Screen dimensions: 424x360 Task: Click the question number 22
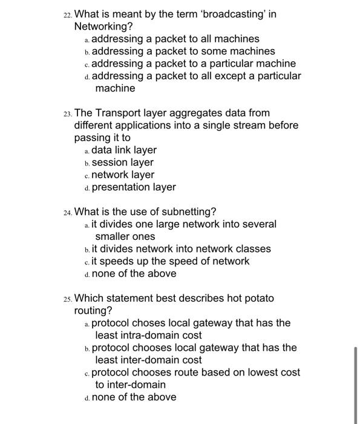pyautogui.click(x=67, y=15)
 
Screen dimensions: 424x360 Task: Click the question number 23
pyautogui.click(x=67, y=113)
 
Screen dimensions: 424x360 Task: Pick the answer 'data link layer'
pyautogui.click(x=123, y=150)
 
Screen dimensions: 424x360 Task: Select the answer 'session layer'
pyautogui.click(x=122, y=162)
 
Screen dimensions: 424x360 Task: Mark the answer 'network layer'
pyautogui.click(x=122, y=175)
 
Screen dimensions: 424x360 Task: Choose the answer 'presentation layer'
pyautogui.click(x=133, y=187)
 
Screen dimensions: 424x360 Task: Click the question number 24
pyautogui.click(x=67, y=212)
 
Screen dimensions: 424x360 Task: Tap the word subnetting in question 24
pyautogui.click(x=191, y=211)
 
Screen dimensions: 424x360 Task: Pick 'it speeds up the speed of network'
pyautogui.click(x=170, y=262)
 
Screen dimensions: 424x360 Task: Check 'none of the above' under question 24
pyautogui.click(x=134, y=274)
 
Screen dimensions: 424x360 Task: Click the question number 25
pyautogui.click(x=67, y=299)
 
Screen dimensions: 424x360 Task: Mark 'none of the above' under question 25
pyautogui.click(x=134, y=397)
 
